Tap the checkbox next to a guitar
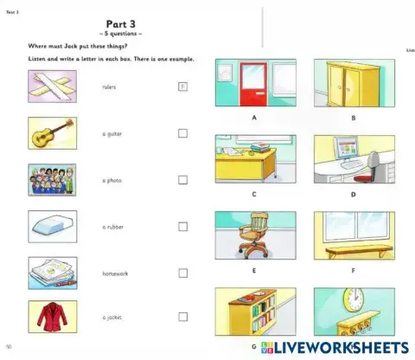[182, 133]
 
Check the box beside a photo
[182, 180]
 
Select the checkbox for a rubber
[182, 227]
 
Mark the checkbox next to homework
[182, 273]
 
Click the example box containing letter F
[182, 87]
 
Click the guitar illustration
[52, 134]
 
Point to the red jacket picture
[52, 318]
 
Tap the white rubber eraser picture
[52, 227]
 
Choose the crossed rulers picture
[52, 87]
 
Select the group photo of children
[52, 180]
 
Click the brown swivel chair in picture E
[254, 235]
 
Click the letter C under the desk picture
[254, 195]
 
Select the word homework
[115, 273]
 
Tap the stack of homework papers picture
[52, 273]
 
